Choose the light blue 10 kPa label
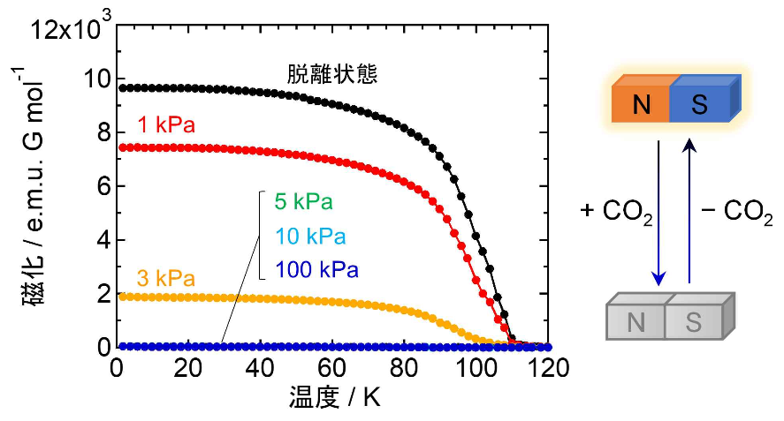(309, 237)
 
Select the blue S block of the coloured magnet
(699, 105)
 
